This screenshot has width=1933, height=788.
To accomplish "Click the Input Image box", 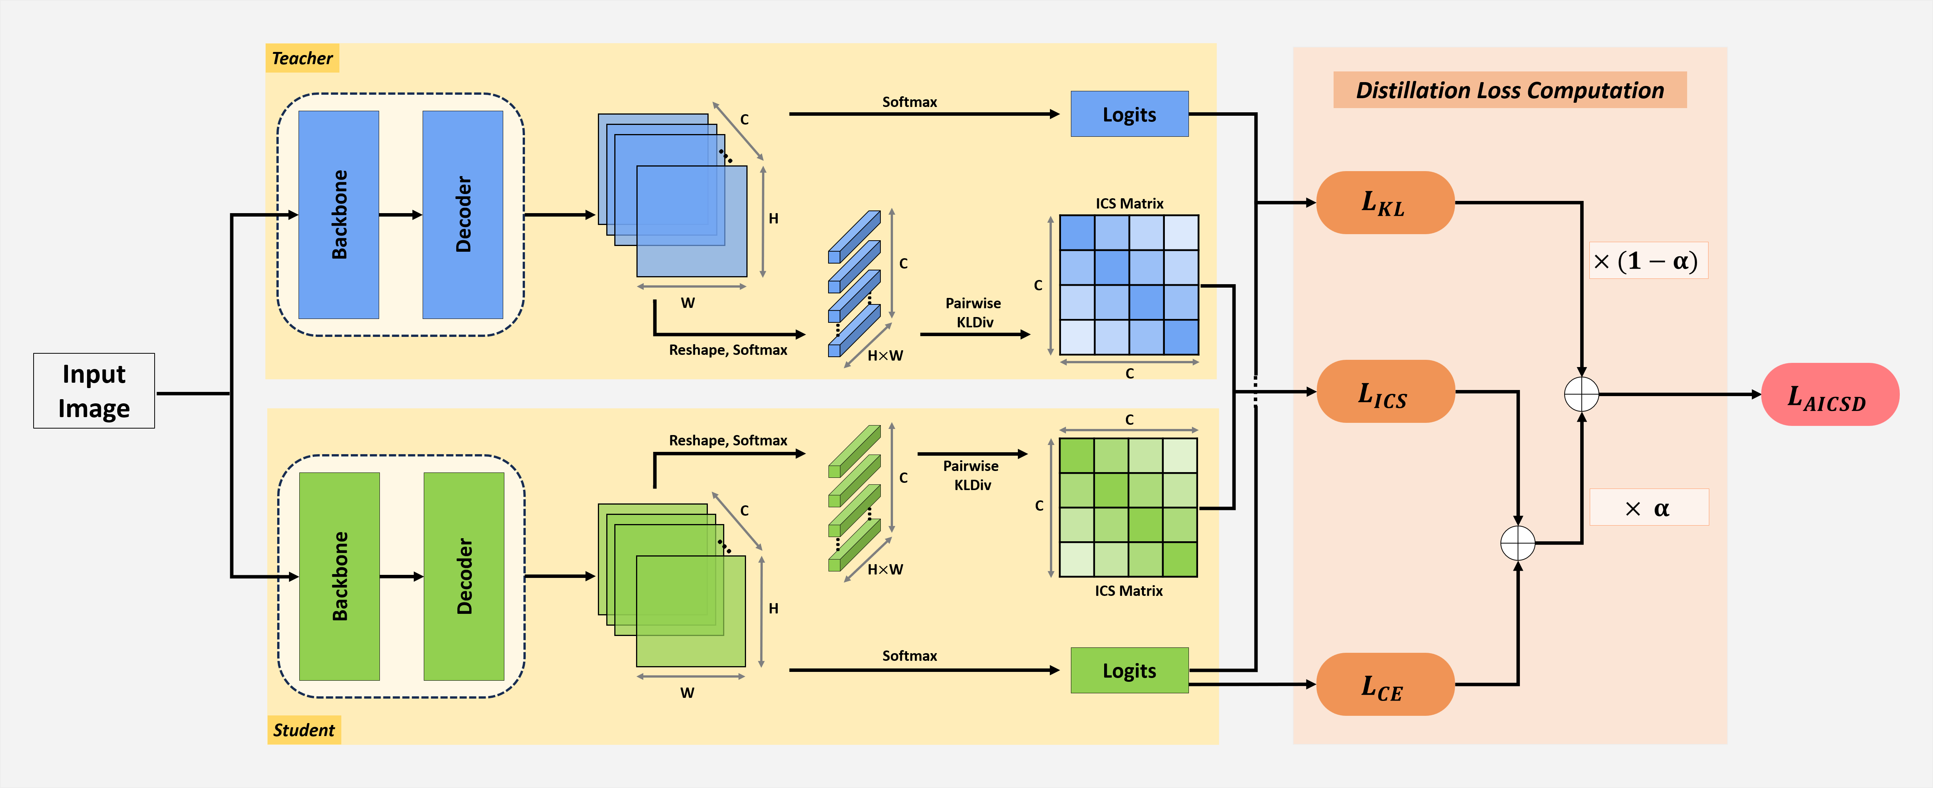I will [x=94, y=391].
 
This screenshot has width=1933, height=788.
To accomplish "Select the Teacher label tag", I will [x=302, y=58].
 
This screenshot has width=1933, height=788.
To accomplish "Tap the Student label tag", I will [x=304, y=730].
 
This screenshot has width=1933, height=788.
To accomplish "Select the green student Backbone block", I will [x=339, y=576].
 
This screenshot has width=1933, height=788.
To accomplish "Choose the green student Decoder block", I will [x=464, y=576].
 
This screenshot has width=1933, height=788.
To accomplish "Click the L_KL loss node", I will [x=1384, y=202].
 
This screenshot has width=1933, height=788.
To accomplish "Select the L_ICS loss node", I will [x=1384, y=392].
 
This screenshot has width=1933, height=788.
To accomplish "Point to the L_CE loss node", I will [x=1384, y=684].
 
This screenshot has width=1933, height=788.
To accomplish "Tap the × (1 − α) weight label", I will [x=1648, y=261].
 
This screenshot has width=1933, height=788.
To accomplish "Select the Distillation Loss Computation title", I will [x=1509, y=90].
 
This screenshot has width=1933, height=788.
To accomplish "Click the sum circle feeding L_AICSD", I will [x=1581, y=394].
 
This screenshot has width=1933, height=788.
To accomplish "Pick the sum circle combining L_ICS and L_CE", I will [x=1517, y=543].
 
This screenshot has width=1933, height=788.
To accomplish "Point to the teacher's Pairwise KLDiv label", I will [x=973, y=312].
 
